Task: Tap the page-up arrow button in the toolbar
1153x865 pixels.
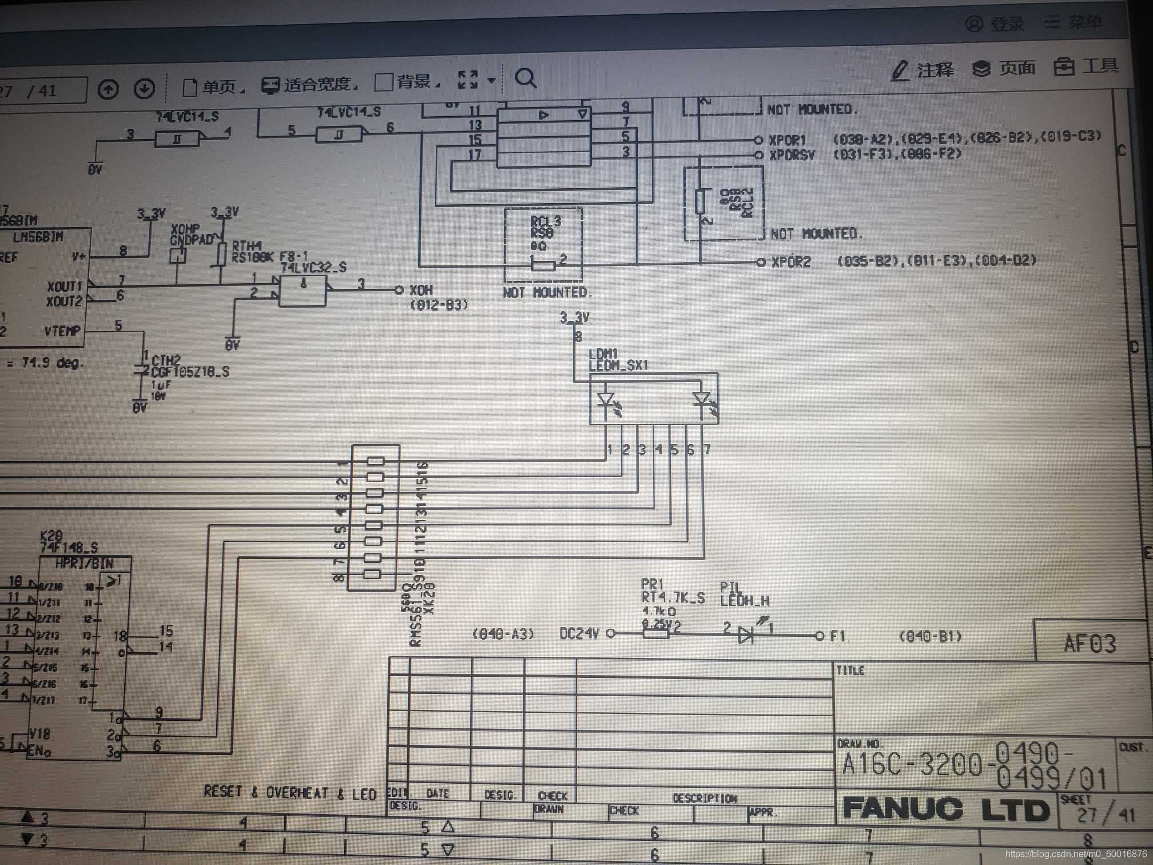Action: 108,89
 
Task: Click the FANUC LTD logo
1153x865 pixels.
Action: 945,809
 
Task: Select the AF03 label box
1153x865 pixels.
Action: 1090,644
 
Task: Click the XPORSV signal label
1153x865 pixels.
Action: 792,154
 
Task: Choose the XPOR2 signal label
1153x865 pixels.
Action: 791,262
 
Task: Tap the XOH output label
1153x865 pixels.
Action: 421,290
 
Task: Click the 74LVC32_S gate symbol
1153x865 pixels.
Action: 303,291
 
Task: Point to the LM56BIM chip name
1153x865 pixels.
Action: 38,237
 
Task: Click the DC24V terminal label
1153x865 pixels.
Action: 579,633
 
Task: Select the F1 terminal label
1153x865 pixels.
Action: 837,636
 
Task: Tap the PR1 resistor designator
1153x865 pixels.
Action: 652,584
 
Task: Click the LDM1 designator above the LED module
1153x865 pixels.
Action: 603,354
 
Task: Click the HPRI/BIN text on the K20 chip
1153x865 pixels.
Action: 84,564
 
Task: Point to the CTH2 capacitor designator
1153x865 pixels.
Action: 166,360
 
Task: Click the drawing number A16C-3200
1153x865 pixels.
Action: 912,764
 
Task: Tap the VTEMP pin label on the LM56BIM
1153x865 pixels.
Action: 62,331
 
